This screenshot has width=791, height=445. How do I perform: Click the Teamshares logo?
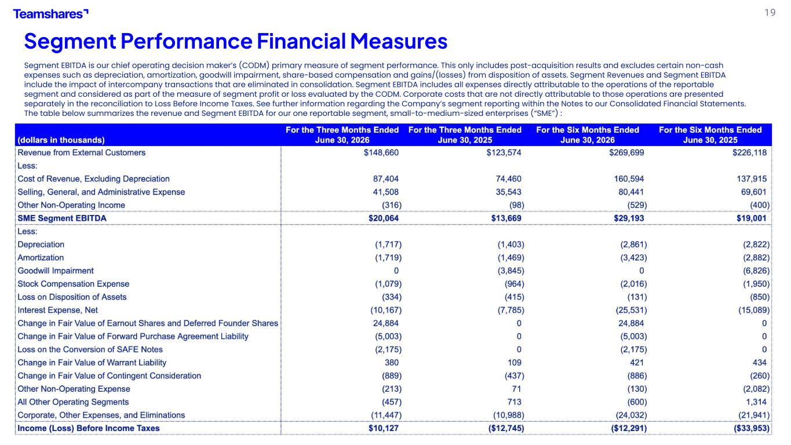[50, 14]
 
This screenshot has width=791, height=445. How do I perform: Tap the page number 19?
[770, 13]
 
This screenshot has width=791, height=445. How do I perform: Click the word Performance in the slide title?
[187, 41]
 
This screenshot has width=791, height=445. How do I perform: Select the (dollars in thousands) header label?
[61, 140]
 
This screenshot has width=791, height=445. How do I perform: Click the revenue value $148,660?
[381, 152]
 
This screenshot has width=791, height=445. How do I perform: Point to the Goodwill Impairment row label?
[56, 271]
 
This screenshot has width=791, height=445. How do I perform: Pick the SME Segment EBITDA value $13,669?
[506, 218]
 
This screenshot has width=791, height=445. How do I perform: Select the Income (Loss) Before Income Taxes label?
[89, 428]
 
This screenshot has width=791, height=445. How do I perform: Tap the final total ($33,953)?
[752, 428]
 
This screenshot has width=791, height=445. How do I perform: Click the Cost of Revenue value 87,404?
[385, 179]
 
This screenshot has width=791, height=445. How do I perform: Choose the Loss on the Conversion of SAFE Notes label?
[90, 349]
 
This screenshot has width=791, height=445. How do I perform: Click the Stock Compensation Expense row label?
[74, 284]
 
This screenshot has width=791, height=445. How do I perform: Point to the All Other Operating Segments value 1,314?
[756, 402]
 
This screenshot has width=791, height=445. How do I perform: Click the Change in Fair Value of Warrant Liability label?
[92, 363]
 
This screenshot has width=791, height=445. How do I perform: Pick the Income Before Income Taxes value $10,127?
[384, 428]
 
